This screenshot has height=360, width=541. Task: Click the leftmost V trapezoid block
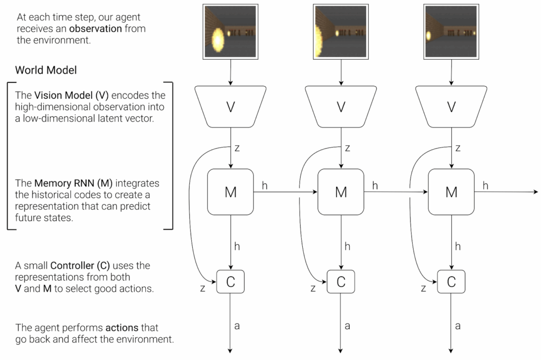[x=230, y=107]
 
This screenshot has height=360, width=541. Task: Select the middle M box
[x=341, y=192]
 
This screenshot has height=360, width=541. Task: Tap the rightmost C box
[x=451, y=282]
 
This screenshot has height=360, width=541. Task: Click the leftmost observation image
[x=230, y=31]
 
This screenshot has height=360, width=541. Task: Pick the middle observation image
[x=341, y=31]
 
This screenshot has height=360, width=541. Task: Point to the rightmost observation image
[x=451, y=31]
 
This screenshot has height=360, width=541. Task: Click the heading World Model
[x=46, y=70]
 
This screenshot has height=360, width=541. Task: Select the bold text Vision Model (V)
[x=71, y=96]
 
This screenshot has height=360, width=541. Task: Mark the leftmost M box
[x=230, y=192]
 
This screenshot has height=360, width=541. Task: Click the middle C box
[x=341, y=282]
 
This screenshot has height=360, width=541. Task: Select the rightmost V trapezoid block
[x=451, y=107]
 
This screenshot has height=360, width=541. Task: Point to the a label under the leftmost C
[x=237, y=326]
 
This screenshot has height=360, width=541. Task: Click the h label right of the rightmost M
[x=485, y=185]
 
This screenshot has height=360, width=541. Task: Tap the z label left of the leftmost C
[x=202, y=288]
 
